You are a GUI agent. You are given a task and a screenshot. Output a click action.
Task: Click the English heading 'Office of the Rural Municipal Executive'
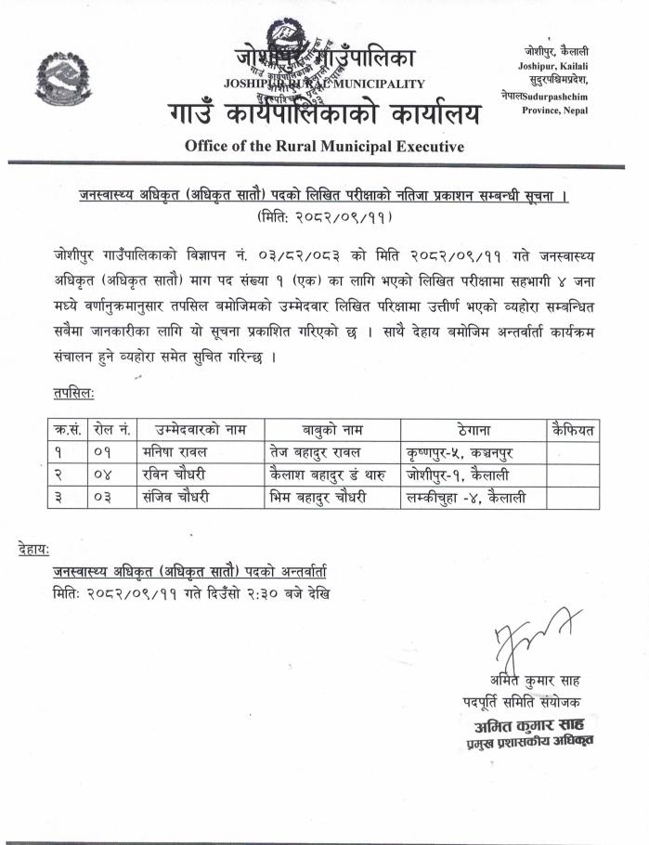324,146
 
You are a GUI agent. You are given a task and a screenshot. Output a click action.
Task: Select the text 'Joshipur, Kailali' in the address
553,65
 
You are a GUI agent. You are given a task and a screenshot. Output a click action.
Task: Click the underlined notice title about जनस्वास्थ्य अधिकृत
323,197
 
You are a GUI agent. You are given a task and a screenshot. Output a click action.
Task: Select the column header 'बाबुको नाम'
332,430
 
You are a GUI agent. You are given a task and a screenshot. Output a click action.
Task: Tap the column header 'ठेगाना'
474,430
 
